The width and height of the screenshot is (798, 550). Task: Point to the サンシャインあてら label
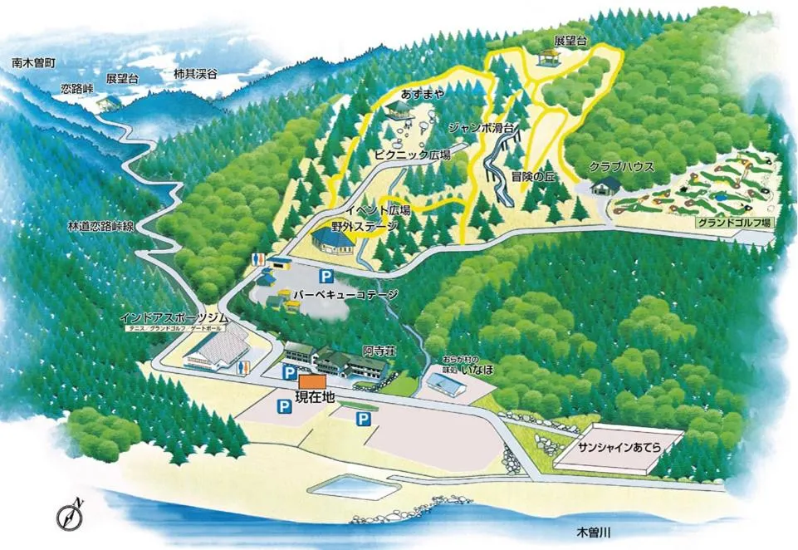pyautogui.click(x=619, y=447)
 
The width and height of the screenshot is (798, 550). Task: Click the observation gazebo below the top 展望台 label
pyautogui.click(x=547, y=57)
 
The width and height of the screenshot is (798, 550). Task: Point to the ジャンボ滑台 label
pyautogui.click(x=484, y=128)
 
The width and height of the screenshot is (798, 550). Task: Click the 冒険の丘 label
pyautogui.click(x=532, y=176)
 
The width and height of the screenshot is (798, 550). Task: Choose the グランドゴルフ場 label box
pyautogui.click(x=734, y=223)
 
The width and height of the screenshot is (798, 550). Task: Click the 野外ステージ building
pyautogui.click(x=334, y=241)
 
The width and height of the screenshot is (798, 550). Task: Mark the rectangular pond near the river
pyautogui.click(x=349, y=486)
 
